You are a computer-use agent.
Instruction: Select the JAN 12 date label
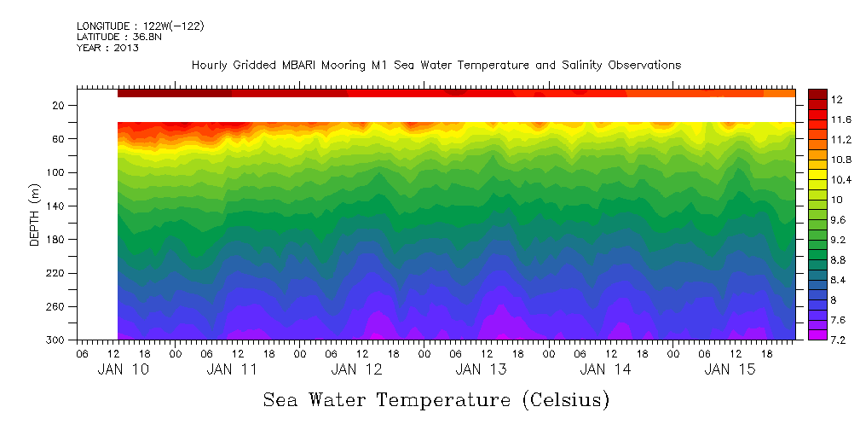pyautogui.click(x=356, y=369)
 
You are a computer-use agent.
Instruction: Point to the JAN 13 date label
pyautogui.click(x=481, y=369)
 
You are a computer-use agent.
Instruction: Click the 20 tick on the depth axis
pyautogui.click(x=60, y=106)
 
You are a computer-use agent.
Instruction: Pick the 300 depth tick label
pyautogui.click(x=56, y=340)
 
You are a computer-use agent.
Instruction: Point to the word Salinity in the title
pyautogui.click(x=560, y=65)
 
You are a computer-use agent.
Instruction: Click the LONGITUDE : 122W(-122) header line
pyautogui.click(x=140, y=26)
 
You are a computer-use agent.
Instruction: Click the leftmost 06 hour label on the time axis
pyautogui.click(x=82, y=352)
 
